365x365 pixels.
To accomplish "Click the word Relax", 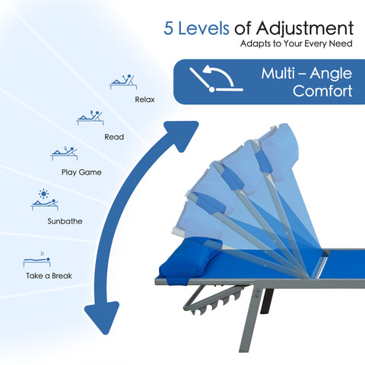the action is click(144, 100).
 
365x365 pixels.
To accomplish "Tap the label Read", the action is click(114, 137).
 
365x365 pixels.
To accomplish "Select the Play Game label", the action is click(81, 173).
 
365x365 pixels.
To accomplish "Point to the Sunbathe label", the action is click(65, 221).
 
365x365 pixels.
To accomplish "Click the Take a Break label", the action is click(49, 275).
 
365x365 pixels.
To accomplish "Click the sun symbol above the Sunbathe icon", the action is click(43, 194).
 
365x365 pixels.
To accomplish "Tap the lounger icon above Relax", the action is click(123, 81).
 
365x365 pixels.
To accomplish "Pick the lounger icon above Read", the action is click(90, 118).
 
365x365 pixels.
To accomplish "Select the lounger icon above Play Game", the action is click(64, 153).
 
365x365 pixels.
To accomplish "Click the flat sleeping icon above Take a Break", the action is click(36, 261).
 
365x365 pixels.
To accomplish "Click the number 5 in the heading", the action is click(169, 28).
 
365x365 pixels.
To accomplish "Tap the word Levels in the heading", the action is click(204, 28).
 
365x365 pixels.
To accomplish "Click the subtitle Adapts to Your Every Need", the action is click(297, 43).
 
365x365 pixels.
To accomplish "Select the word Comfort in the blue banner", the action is click(322, 90).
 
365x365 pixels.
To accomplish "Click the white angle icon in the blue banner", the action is click(216, 78).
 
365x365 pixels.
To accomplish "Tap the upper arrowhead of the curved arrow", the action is click(182, 135).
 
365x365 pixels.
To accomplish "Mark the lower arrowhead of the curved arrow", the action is click(103, 317).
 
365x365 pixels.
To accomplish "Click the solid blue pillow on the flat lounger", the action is click(189, 259).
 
